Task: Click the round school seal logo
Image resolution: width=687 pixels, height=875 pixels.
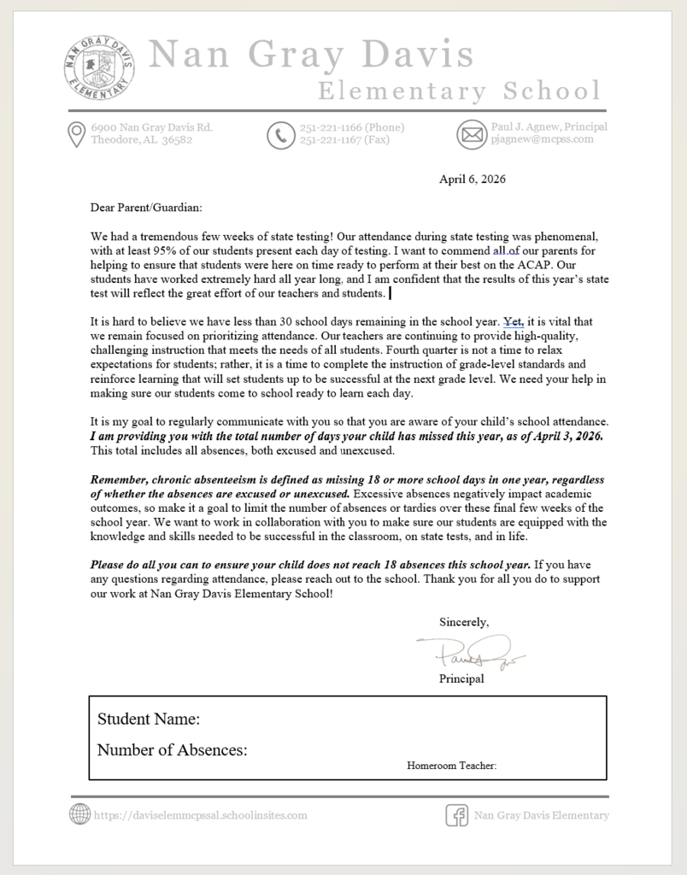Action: [99, 68]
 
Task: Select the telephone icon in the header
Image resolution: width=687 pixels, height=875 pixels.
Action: [279, 135]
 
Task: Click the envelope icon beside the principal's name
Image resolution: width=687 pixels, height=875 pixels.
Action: [471, 135]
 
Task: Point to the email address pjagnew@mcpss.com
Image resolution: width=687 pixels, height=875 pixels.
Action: [542, 139]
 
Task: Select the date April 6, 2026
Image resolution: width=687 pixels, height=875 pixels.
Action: [473, 179]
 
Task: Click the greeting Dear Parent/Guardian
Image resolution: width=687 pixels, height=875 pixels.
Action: [147, 207]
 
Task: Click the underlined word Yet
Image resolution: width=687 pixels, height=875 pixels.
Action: [511, 322]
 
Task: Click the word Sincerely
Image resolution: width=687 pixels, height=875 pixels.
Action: [464, 622]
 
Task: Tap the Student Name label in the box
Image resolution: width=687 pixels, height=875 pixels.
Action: [149, 719]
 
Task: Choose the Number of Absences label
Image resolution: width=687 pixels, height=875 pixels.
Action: [173, 750]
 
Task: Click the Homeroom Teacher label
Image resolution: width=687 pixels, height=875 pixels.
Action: [451, 766]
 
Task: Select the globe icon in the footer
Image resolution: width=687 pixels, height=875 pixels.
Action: [79, 814]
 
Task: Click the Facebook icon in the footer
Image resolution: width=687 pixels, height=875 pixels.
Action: [457, 815]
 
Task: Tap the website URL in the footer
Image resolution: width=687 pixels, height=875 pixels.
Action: [200, 815]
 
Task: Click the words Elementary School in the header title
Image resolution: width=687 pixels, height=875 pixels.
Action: [459, 91]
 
